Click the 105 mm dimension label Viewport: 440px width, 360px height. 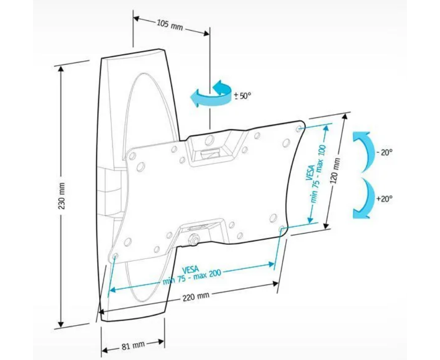pyautogui.click(x=170, y=26)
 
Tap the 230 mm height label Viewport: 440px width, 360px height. pyautogui.click(x=62, y=196)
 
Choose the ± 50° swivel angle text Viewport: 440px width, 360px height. pyautogui.click(x=242, y=96)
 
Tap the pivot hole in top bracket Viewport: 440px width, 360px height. pyautogui.click(x=209, y=140)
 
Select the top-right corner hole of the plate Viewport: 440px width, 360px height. pyautogui.click(x=299, y=128)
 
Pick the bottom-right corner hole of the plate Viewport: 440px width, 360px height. pyautogui.click(x=282, y=229)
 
